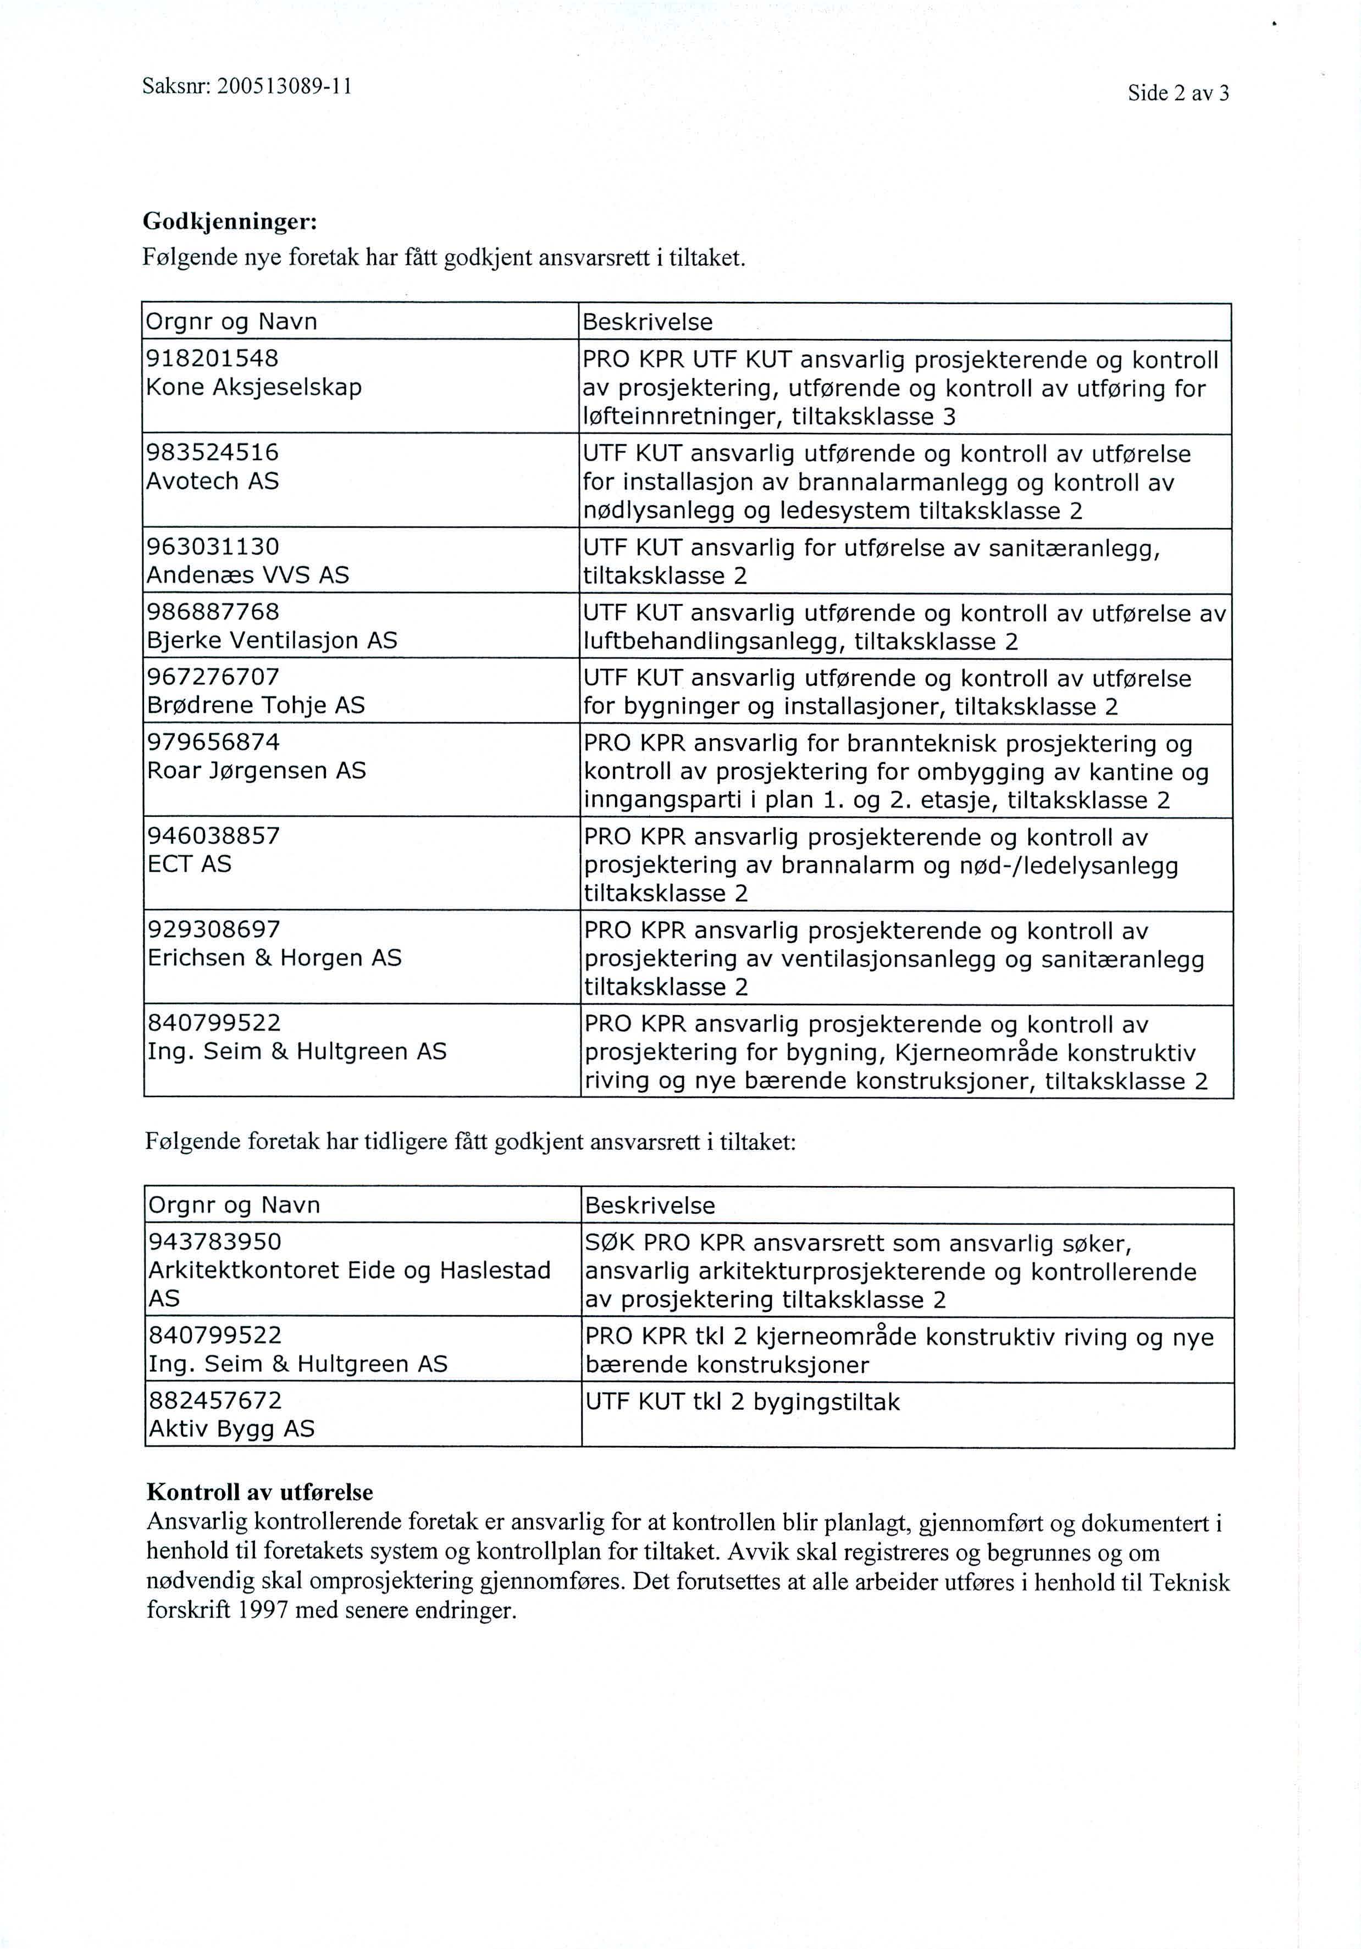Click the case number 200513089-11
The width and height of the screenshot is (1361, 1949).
(x=284, y=87)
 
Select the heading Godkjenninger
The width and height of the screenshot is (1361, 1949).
(x=229, y=223)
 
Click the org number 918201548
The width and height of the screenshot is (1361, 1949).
(x=212, y=358)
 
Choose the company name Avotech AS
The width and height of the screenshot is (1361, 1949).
(x=212, y=481)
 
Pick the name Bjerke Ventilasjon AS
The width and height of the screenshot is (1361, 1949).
(x=272, y=640)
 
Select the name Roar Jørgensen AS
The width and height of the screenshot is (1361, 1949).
(x=256, y=771)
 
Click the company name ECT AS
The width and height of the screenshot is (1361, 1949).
(x=189, y=864)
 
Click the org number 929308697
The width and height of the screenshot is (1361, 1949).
(x=214, y=929)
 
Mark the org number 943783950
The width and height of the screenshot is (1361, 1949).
(x=215, y=1242)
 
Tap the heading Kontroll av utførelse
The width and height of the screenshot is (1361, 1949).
(x=260, y=1492)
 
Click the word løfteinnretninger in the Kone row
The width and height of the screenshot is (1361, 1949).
(x=683, y=417)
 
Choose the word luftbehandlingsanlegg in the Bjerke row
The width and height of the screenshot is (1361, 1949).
(x=709, y=642)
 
